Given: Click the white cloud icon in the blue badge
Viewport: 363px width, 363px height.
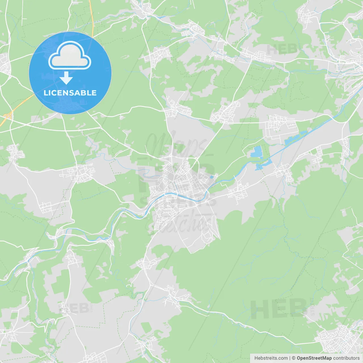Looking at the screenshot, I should click(70, 56).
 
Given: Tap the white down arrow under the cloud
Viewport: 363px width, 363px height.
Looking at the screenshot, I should click(66, 78).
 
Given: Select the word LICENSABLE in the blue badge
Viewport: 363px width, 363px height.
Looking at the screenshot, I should click(70, 93).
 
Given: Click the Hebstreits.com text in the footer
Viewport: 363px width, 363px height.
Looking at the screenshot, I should click(271, 358).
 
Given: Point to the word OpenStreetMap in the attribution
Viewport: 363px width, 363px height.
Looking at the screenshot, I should click(314, 358).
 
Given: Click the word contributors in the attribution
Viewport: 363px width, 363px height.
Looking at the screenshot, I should click(346, 358).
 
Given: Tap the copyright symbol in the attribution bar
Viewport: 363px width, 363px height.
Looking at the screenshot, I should click(294, 358).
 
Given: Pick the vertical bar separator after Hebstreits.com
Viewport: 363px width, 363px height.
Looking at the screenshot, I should click(290, 358).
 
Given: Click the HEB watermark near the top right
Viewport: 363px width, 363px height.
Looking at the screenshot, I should click(282, 50).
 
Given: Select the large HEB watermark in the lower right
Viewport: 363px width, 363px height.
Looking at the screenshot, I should click(278, 309).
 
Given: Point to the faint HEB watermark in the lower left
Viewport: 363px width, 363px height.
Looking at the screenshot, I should click(74, 308).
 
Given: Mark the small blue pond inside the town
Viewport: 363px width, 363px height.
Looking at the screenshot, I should click(212, 177).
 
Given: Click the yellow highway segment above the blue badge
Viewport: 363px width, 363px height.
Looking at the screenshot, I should click(92, 17).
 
